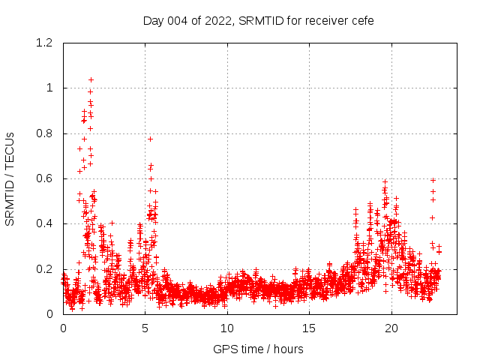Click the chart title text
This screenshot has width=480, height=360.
tap(258, 21)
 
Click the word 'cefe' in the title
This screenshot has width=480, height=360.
tap(361, 21)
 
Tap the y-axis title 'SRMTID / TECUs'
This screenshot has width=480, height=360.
tap(10, 178)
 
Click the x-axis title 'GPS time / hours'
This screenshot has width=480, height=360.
tap(258, 349)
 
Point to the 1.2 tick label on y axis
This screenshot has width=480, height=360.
tap(46, 43)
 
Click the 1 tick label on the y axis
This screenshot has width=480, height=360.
tap(49, 88)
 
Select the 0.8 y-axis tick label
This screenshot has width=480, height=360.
tap(46, 133)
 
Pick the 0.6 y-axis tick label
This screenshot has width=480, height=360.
tap(46, 178)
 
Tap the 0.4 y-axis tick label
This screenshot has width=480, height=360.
tap(46, 223)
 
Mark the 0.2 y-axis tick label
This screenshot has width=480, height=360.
tap(46, 268)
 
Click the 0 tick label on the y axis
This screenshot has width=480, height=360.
tap(49, 313)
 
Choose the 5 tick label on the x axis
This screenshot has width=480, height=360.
tap(145, 328)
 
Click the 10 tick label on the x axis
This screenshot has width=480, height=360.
tap(227, 328)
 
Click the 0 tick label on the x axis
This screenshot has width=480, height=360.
tap(63, 328)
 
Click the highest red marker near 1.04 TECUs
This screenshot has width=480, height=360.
tap(91, 79)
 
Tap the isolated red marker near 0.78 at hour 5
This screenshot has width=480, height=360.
tap(150, 139)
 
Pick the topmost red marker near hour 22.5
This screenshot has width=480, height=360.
tap(433, 180)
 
